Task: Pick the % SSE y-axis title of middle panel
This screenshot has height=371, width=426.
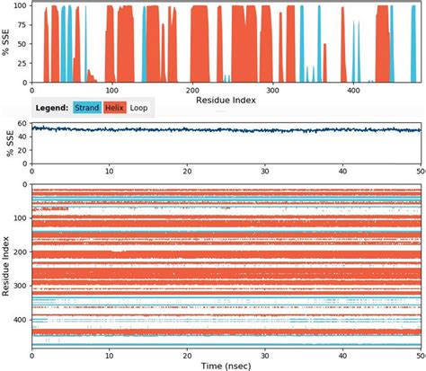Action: [6, 139]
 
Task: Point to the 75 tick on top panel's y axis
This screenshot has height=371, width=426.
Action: [22, 25]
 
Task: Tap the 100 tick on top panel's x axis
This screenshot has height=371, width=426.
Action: [111, 90]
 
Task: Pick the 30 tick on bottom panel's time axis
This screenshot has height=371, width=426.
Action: [264, 352]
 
